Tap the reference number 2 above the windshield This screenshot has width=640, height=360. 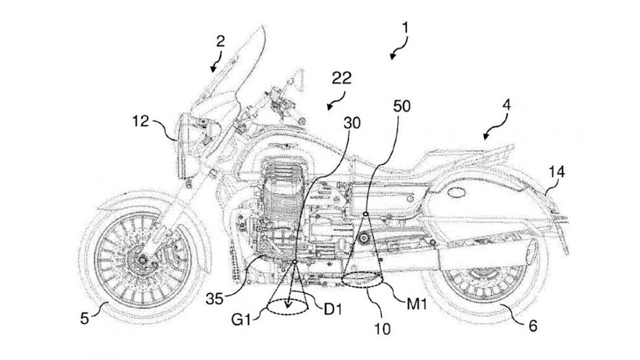point(220,42)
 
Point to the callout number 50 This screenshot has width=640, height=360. point(402,106)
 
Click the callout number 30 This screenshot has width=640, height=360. point(352,123)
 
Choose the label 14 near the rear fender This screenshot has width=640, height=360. point(556,172)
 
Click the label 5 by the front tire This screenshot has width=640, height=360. point(84,318)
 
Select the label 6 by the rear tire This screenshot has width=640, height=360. point(533,326)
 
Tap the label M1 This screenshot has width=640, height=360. point(417,304)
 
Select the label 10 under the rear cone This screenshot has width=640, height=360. point(382,329)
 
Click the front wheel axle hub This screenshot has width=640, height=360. point(142,260)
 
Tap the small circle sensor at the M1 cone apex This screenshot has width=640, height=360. point(365,214)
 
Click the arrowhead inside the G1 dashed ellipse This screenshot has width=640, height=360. point(288,305)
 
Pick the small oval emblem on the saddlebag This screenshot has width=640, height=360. point(456,193)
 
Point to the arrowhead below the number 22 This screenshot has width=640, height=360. point(330,108)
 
